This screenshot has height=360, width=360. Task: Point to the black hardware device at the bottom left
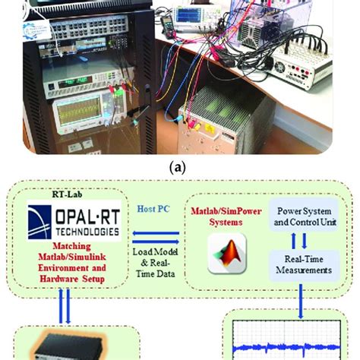click(x=72, y=349)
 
